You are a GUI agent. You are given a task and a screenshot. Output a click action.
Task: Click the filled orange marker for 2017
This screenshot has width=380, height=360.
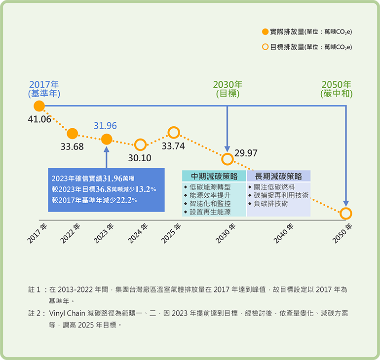tap(39, 106)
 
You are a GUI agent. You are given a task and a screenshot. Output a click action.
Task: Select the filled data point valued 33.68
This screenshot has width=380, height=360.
tap(72, 134)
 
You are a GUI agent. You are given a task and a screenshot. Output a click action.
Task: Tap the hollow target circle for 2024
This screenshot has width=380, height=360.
tap(140, 145)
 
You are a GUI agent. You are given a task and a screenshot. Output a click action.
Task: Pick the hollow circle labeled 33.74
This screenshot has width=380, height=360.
tap(174, 133)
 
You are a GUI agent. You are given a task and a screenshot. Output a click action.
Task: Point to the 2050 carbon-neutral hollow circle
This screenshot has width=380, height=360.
tap(346, 214)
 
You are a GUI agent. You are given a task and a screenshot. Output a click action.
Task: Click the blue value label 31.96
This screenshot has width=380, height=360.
tap(105, 126)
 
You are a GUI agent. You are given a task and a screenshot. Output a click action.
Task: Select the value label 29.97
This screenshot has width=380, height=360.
tap(246, 153)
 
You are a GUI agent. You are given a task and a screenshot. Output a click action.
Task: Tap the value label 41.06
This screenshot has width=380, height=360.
tap(39, 119)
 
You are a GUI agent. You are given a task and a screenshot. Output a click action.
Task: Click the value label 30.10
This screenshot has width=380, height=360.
tap(140, 158)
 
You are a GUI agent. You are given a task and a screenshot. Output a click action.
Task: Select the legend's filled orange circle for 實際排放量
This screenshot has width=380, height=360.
tap(266, 32)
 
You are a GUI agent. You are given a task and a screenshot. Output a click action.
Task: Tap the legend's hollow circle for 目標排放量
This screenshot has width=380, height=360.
tap(266, 47)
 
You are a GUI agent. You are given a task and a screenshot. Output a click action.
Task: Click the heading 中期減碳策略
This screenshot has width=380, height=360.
tap(214, 176)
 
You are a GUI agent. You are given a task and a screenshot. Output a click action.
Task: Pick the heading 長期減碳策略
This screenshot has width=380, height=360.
tap(278, 176)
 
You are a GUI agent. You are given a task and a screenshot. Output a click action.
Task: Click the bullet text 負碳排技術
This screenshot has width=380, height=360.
tap(271, 204)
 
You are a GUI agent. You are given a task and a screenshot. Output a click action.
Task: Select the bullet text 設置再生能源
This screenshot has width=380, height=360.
tap(210, 212)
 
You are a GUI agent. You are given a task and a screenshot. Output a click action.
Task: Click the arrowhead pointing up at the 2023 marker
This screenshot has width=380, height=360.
tap(107, 149)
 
